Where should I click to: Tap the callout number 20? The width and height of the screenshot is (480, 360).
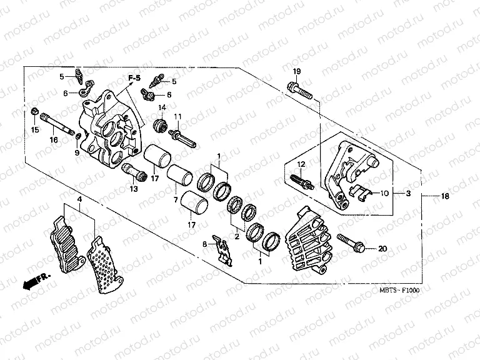point(383,248)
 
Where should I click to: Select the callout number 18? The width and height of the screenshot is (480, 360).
point(445,196)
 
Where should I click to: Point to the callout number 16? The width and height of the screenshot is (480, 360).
point(54,140)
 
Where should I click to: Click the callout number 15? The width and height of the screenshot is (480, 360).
point(35,129)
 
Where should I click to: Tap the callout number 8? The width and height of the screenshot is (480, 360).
point(204,245)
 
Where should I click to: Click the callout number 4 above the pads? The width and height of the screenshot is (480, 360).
point(80,199)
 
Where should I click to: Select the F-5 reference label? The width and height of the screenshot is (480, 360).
point(134,78)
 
